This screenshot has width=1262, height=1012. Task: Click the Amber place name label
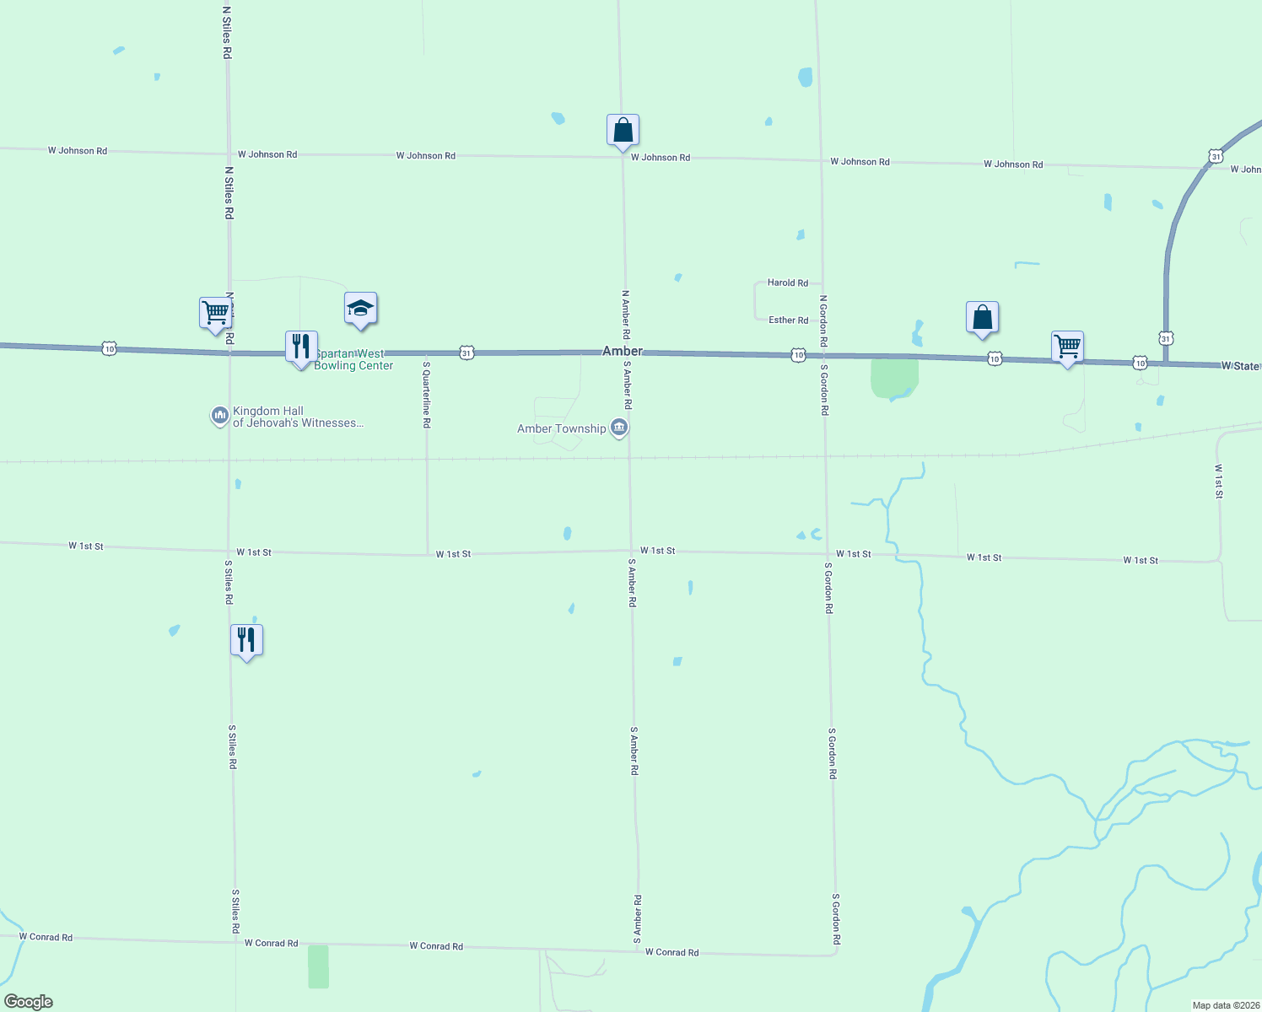(x=623, y=351)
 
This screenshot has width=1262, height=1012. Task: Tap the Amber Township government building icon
(x=619, y=428)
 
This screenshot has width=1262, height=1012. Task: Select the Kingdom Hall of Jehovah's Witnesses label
(x=298, y=417)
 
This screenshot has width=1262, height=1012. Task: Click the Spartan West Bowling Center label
(x=353, y=360)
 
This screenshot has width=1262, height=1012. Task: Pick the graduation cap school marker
(x=360, y=309)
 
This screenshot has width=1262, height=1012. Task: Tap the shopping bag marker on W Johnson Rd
(x=623, y=131)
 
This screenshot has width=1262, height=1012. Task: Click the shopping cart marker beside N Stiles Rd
(x=216, y=312)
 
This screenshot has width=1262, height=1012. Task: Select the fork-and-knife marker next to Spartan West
(x=301, y=347)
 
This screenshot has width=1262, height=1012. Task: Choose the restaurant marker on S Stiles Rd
(x=246, y=640)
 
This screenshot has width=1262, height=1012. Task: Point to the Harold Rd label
(x=787, y=283)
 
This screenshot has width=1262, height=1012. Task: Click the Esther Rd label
(x=788, y=320)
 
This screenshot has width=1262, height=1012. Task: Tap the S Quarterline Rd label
(x=427, y=395)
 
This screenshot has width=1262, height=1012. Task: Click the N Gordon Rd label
(x=823, y=320)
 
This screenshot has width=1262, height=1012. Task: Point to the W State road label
(x=1240, y=366)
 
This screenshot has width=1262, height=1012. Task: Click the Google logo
(x=29, y=1002)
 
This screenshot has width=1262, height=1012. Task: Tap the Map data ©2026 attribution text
(x=1226, y=1005)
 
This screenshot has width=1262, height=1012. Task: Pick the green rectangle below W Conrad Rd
(x=318, y=966)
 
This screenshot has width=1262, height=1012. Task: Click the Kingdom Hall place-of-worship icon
(x=220, y=415)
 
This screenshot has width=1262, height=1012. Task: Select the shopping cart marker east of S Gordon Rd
(x=1067, y=346)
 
